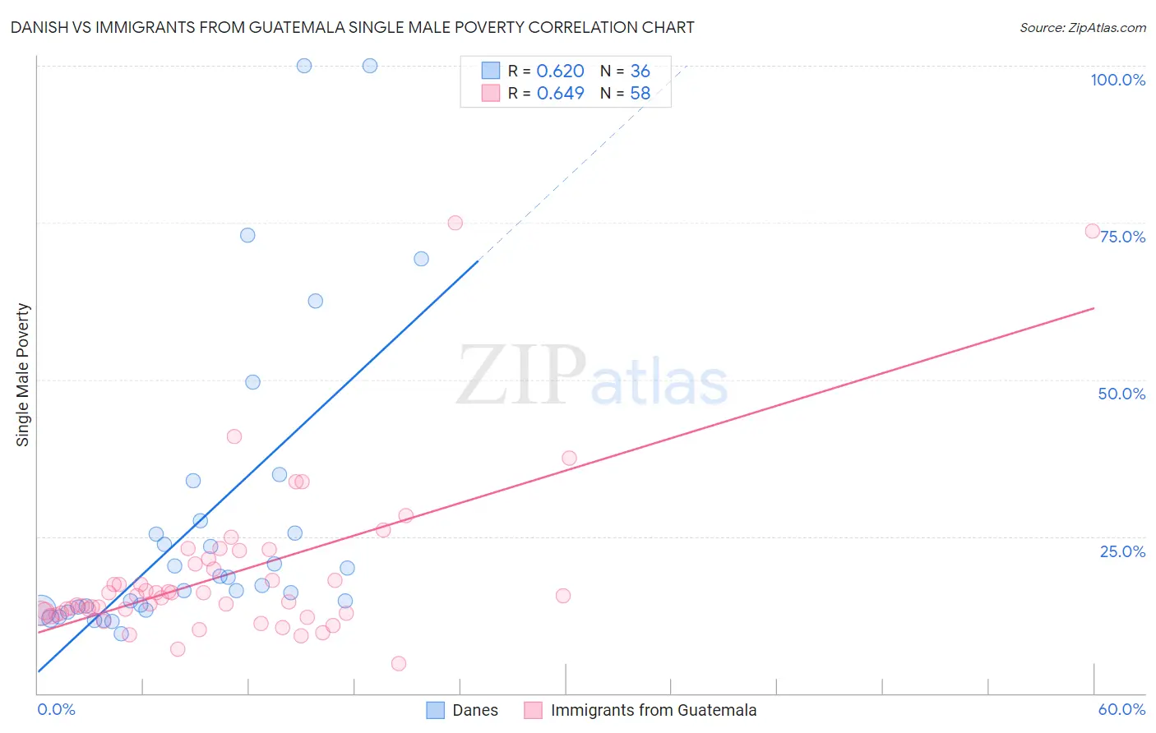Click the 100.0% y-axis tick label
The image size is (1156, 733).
click(x=1117, y=80)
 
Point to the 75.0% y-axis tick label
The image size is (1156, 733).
click(x=1122, y=237)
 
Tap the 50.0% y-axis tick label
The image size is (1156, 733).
click(x=1121, y=394)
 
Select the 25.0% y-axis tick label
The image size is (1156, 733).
click(x=1122, y=551)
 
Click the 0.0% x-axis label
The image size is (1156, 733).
click(x=56, y=709)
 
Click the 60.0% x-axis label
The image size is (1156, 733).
click(x=1121, y=709)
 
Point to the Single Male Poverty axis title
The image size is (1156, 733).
click(x=23, y=375)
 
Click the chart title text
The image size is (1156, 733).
click(x=352, y=27)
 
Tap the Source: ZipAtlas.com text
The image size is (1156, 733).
click(x=1082, y=27)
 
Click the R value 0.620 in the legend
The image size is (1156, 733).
click(x=560, y=71)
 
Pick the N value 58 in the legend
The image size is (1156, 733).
click(x=640, y=94)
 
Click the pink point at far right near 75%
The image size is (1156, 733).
click(x=1092, y=231)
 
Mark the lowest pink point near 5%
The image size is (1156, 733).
click(x=399, y=663)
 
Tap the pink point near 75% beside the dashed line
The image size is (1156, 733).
click(x=455, y=223)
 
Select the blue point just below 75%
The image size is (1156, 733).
click(x=247, y=235)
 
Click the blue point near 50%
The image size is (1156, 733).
click(x=252, y=382)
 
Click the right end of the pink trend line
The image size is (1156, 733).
click(x=1094, y=308)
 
